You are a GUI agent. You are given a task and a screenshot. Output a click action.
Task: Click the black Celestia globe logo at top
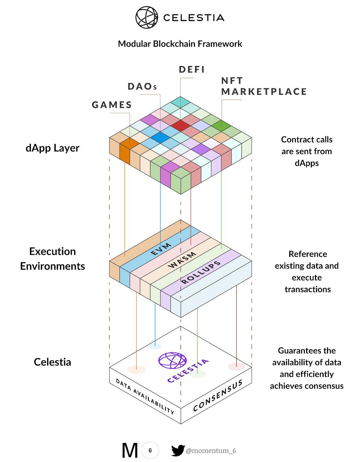tap(147, 17)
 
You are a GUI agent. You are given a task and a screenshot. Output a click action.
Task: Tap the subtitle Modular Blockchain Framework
tap(180, 44)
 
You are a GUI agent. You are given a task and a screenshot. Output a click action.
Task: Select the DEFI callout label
tap(192, 70)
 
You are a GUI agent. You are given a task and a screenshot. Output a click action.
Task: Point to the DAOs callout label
tap(142, 86)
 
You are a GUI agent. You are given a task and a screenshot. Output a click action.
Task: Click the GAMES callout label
tap(112, 105)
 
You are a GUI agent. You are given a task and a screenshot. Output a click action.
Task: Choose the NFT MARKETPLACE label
tap(264, 86)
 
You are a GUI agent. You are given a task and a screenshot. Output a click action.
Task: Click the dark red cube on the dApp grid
tap(181, 125)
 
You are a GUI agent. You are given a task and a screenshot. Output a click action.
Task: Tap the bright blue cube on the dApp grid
tap(160, 137)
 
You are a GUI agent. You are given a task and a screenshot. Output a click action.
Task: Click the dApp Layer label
tap(52, 148)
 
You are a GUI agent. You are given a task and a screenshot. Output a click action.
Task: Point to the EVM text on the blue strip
tap(161, 249)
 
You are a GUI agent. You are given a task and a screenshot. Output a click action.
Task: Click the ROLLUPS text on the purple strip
tap(201, 272)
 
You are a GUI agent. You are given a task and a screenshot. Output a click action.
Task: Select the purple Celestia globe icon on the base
tap(172, 360)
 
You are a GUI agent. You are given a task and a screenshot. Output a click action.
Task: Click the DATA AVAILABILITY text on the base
tap(145, 396)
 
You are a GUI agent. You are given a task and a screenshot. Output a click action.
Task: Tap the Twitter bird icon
tap(178, 450)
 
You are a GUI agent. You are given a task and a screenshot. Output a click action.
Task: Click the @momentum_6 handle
tap(211, 451)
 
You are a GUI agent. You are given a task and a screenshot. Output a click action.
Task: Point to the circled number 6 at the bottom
tap(150, 450)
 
